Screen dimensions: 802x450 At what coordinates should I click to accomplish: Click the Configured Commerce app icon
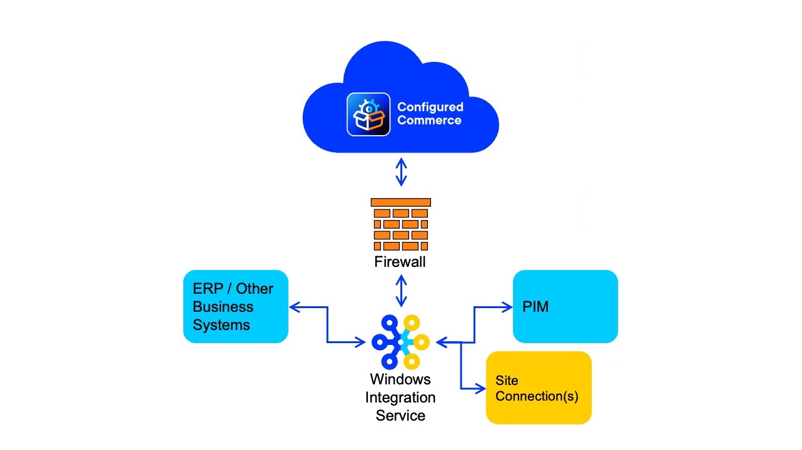368,114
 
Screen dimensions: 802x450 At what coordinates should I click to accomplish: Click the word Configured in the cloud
430,107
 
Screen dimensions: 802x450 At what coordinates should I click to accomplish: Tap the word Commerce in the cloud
429,120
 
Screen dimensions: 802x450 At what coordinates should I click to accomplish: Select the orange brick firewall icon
400,224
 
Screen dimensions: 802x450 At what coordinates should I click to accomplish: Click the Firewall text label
400,262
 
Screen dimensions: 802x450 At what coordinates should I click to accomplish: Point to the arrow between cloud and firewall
401,172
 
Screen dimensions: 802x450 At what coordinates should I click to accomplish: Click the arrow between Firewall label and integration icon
401,291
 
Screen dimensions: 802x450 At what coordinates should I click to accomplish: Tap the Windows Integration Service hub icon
400,342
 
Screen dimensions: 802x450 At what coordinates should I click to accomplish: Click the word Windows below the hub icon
400,379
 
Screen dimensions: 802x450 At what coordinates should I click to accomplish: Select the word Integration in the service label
400,397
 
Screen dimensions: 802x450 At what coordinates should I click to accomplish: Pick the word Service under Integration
400,416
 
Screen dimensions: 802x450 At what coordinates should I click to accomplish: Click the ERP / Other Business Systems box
236,306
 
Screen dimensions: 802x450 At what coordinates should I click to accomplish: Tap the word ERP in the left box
208,289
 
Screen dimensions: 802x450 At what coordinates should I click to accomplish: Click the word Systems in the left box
221,325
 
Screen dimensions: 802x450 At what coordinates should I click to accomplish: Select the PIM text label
536,306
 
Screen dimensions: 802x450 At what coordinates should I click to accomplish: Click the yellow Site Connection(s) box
539,387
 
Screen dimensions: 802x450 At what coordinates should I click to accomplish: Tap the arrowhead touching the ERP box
295,307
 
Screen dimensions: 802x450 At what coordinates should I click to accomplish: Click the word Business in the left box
223,307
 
